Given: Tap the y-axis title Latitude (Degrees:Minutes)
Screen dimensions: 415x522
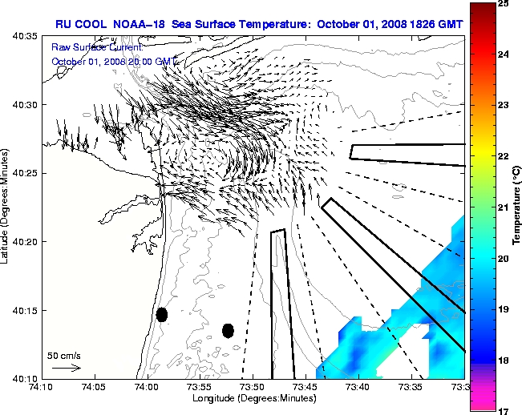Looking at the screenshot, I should (x=6, y=207).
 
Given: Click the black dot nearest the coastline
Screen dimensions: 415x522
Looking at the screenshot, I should (x=162, y=314).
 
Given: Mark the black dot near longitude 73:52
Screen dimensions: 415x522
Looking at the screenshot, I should (x=229, y=330).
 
